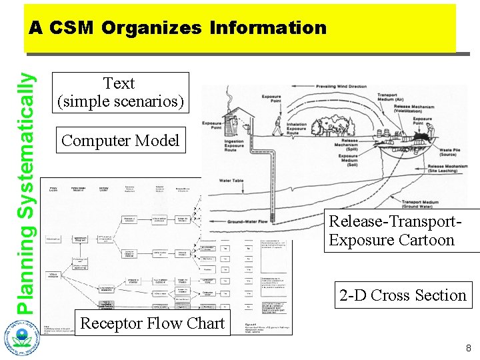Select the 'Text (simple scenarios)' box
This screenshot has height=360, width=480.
point(119,93)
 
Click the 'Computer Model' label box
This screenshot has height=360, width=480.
point(120,141)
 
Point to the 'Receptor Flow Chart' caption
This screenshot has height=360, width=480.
point(152,323)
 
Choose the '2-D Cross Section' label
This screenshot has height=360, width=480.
point(402,295)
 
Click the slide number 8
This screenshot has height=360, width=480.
point(468,347)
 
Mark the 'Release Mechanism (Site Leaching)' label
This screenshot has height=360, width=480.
point(445,169)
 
